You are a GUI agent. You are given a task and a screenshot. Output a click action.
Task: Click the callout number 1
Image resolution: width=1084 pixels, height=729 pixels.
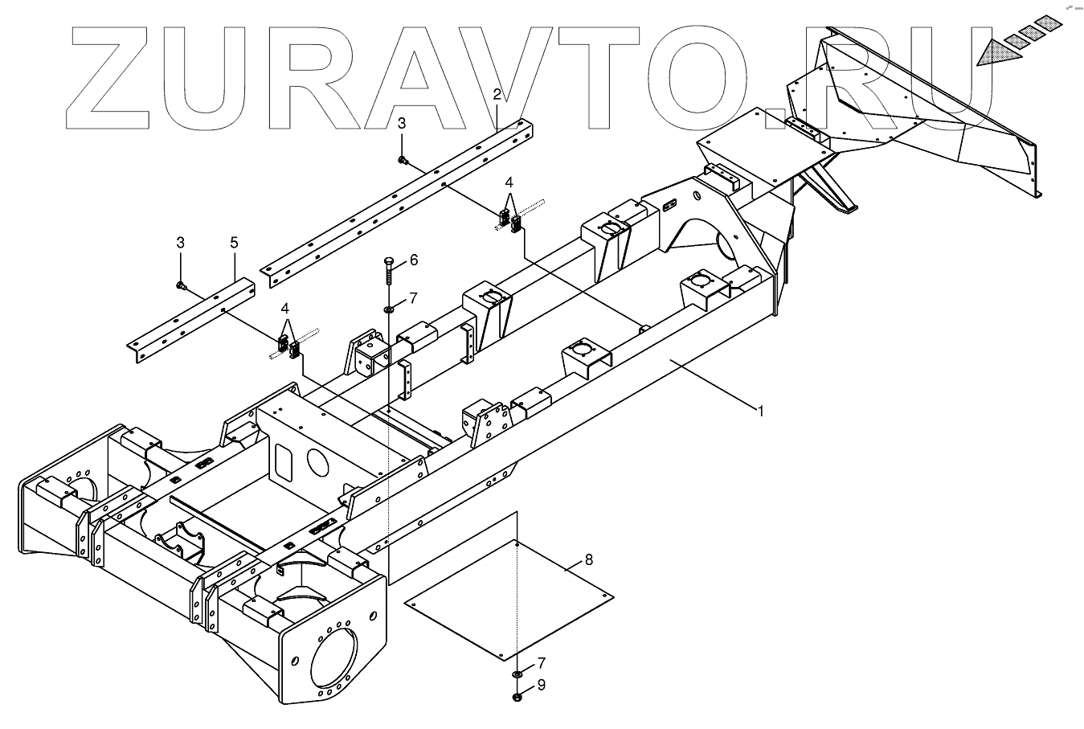coord(760,411)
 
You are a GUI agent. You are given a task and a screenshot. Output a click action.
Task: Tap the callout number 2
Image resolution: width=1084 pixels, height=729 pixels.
coord(497,95)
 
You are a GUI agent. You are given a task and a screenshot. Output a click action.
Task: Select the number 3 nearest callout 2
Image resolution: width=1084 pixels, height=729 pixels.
coord(403,122)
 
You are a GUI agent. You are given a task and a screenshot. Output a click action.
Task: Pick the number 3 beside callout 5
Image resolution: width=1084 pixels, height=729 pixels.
coord(181,242)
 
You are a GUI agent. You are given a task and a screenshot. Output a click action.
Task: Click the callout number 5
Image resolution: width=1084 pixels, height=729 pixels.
coord(234,242)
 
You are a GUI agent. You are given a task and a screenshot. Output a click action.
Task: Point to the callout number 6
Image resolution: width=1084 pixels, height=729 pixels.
coord(413,260)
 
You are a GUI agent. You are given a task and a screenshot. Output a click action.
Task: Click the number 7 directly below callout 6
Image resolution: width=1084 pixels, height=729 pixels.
coord(412,298)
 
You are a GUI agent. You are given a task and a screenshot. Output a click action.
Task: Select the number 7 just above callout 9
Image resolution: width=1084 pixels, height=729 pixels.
coord(542,663)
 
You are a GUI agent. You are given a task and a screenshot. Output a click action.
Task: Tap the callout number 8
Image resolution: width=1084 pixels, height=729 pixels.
coord(589,559)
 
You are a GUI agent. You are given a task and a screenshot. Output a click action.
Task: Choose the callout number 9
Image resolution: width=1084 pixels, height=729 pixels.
coord(542,686)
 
